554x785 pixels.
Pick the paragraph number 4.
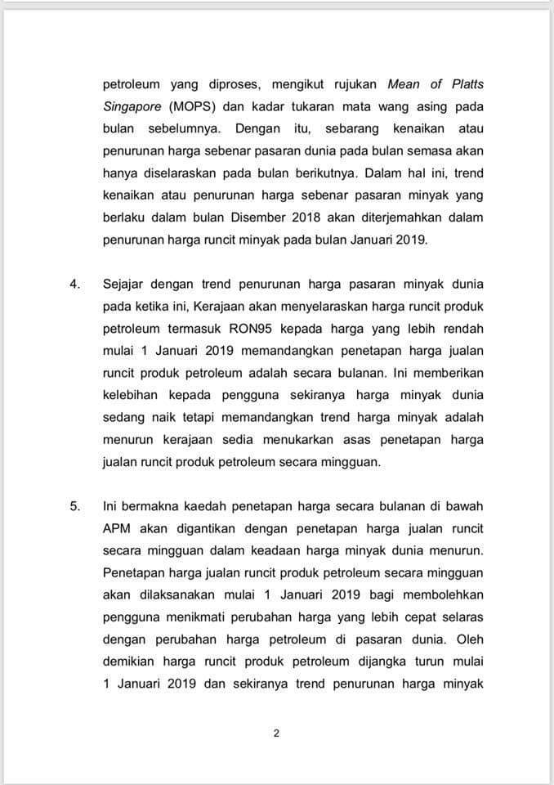click(74, 284)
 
